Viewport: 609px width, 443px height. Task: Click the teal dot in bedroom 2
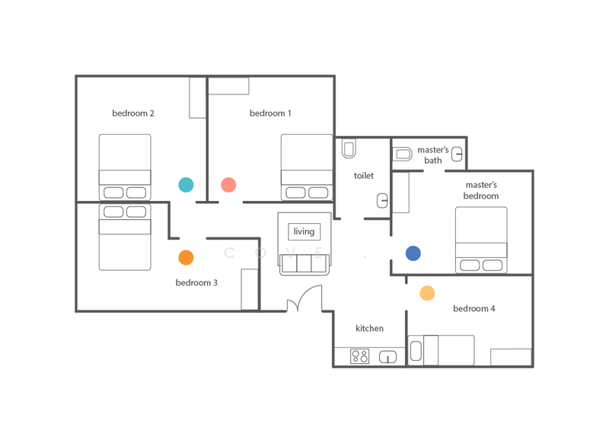pos(186,185)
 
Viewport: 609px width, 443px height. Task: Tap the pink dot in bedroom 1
pos(228,185)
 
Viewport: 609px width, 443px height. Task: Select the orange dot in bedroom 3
pos(186,257)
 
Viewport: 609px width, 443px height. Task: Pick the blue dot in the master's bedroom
pos(413,253)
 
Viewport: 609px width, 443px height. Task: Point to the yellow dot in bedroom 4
pos(427,293)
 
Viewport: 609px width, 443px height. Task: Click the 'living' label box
pos(304,232)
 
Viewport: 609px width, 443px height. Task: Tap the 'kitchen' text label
pos(369,329)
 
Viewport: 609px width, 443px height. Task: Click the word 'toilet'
pos(364,176)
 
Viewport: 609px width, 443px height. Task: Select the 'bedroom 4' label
pos(473,309)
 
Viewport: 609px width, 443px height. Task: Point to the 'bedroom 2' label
pos(132,113)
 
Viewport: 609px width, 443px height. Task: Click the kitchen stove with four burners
pos(359,356)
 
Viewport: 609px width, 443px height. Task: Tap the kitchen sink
pos(387,357)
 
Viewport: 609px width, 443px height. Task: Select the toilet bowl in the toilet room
pos(349,148)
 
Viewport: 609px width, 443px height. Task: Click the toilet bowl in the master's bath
pos(403,155)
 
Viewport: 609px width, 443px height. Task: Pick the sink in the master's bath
pos(457,155)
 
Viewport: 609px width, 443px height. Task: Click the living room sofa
pos(304,264)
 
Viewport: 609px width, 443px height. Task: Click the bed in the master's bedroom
pos(481,240)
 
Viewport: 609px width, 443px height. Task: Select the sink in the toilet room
pos(383,201)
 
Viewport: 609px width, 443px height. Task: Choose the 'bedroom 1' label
pos(270,113)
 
